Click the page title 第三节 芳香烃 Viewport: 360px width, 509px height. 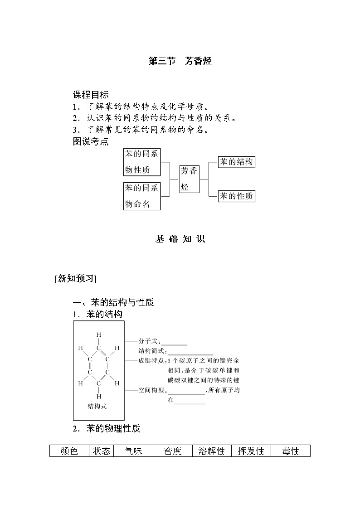[180, 61]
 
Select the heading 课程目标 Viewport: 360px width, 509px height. [91, 95]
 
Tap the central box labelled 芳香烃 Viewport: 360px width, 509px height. [189, 179]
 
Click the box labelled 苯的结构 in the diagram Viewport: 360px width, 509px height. [236, 162]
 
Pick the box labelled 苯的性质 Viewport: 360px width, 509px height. [236, 196]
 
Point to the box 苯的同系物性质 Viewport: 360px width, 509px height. [142, 162]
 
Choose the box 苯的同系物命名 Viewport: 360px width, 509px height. [142, 196]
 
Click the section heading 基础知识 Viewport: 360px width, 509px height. [180, 239]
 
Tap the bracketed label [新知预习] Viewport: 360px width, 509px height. [75, 279]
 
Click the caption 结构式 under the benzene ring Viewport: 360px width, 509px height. [97, 406]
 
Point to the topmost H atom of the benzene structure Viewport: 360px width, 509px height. [98, 335]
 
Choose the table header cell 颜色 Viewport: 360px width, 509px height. [69, 451]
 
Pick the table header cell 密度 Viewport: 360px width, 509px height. [173, 451]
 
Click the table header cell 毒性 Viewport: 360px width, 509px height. [290, 451]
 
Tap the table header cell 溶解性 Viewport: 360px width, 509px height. [212, 451]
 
